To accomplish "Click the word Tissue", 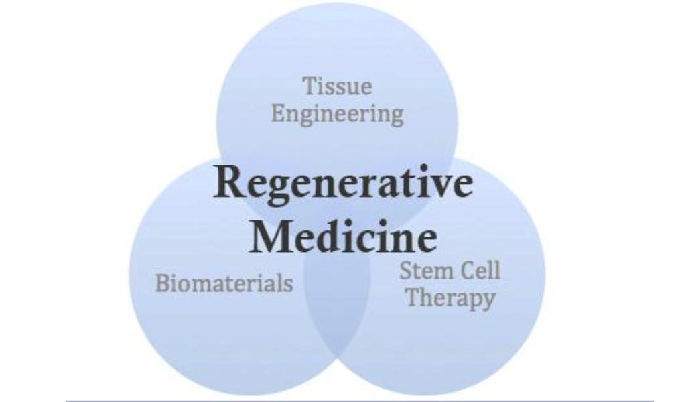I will [x=337, y=87].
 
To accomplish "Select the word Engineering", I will [x=337, y=114].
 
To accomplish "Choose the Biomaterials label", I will [x=224, y=283].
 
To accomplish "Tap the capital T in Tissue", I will [x=309, y=87].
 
